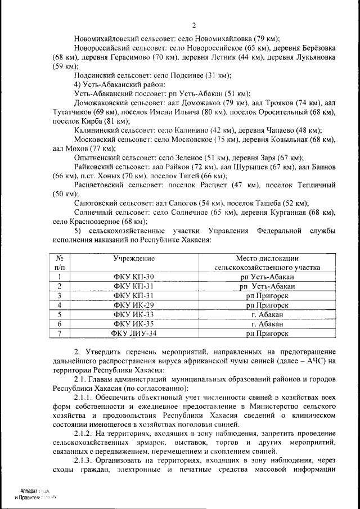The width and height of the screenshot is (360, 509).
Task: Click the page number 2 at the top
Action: [x=194, y=25]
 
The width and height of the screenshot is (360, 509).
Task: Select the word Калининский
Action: [x=98, y=129]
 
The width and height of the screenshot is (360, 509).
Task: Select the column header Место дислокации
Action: [x=267, y=258]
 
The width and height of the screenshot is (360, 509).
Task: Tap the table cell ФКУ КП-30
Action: [x=133, y=277]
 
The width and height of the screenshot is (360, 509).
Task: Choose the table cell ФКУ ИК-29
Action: [x=133, y=305]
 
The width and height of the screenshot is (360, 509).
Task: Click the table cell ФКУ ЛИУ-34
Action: [x=133, y=333]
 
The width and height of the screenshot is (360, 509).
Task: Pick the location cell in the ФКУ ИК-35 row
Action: [x=267, y=324]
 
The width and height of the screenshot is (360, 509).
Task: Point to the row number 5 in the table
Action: [x=59, y=314]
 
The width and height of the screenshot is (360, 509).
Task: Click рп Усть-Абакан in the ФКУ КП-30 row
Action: [x=267, y=277]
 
